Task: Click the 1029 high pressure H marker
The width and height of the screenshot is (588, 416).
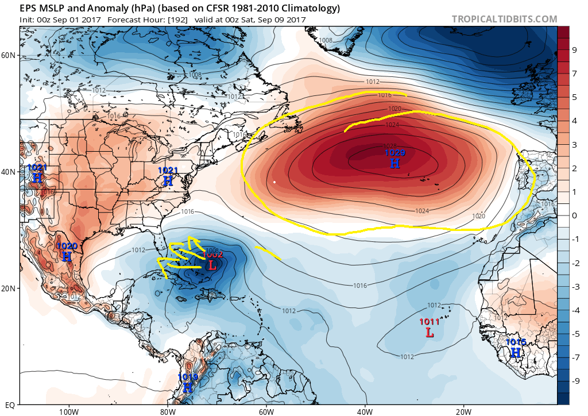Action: [x=394, y=163]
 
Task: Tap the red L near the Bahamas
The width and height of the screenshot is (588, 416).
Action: [x=212, y=265]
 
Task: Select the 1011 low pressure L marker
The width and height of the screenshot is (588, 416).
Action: [x=430, y=332]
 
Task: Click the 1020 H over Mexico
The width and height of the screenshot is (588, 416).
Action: [x=67, y=257]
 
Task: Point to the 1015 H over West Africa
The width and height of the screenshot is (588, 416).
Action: [x=516, y=352]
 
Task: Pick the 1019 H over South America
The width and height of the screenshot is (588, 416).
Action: [x=188, y=387]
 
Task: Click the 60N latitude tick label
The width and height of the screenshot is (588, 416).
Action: [x=8, y=55]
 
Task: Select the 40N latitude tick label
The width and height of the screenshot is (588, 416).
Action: [x=8, y=172]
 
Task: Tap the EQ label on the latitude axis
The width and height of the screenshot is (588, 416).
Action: [x=10, y=405]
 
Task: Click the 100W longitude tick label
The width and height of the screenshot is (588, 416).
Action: [x=68, y=411]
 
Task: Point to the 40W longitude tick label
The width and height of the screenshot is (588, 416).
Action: [x=365, y=411]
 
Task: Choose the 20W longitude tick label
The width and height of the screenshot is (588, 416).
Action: [x=463, y=411]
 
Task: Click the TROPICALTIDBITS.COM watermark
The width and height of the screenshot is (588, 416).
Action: [x=504, y=19]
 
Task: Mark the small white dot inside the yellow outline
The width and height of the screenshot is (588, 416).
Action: [x=274, y=182]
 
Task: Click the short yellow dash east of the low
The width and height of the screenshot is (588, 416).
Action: [x=268, y=253]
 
